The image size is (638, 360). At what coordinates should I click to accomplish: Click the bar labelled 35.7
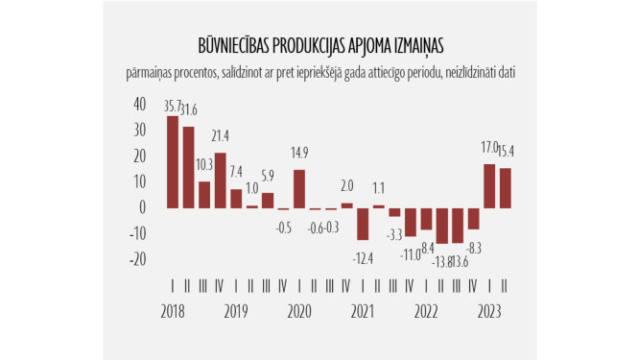[x=173, y=161]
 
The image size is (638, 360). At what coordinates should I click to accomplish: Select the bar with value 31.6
[x=188, y=167]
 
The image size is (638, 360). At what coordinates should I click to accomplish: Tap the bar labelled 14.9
[x=299, y=188]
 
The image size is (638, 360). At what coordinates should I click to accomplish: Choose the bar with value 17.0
[x=489, y=185]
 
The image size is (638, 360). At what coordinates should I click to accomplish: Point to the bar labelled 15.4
[x=505, y=187]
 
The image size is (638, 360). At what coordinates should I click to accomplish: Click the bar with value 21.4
[x=220, y=180]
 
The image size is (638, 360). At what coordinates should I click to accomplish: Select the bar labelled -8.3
[x=473, y=218]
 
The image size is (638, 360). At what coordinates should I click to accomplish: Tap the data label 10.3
[x=204, y=164]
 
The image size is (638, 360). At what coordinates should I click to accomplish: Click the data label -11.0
[x=411, y=253]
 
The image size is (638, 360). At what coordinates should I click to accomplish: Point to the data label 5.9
[x=268, y=175]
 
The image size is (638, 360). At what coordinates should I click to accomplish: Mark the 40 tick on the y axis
[x=139, y=104]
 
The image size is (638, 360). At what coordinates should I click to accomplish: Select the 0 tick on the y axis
[x=142, y=207]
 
